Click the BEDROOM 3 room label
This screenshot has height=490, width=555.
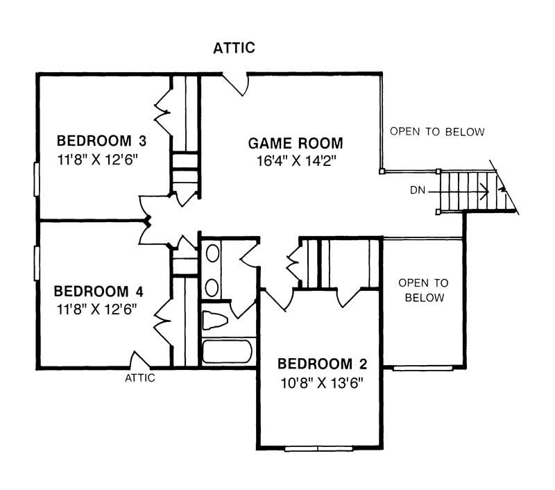(x=101, y=141)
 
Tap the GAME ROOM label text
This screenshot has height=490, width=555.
(x=296, y=143)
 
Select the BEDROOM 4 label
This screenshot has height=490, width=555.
(x=99, y=292)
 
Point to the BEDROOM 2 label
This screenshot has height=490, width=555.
(x=322, y=364)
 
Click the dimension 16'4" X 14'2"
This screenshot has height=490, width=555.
(x=296, y=161)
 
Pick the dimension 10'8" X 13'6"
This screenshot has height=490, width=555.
(x=322, y=382)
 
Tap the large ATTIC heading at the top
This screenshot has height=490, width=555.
(x=234, y=48)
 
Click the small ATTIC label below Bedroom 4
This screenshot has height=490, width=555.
(x=140, y=378)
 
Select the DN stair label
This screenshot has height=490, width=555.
(x=418, y=190)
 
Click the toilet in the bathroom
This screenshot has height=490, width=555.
(x=214, y=321)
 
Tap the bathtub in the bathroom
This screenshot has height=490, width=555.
(x=228, y=351)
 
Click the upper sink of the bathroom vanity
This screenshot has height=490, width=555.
(x=212, y=253)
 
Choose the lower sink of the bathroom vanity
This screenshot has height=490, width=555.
(x=212, y=288)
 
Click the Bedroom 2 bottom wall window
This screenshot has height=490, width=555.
(x=318, y=448)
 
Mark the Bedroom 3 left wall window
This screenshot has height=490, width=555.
(x=37, y=179)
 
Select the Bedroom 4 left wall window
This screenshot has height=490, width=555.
(x=37, y=264)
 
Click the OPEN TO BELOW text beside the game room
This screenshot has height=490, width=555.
(x=437, y=132)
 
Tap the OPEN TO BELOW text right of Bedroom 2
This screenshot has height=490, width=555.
(x=424, y=290)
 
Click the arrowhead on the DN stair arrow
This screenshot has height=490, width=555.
(x=486, y=191)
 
